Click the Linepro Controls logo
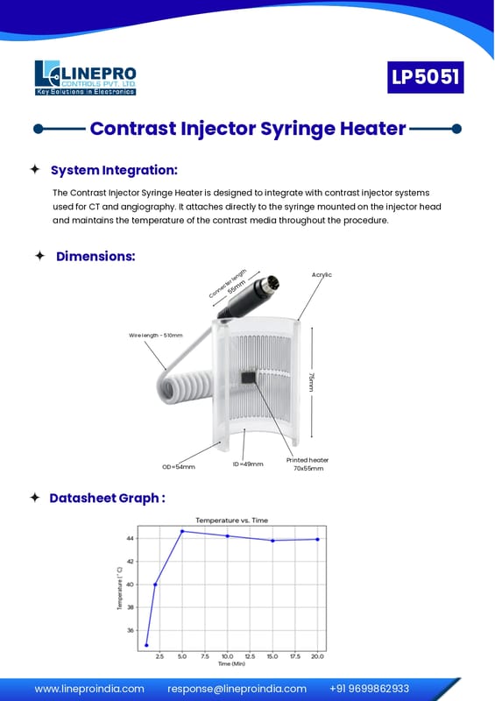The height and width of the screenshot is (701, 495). point(85,78)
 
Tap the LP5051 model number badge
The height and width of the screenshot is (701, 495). point(425,77)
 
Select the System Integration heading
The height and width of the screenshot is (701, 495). point(114,170)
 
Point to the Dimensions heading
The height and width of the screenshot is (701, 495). point(95,256)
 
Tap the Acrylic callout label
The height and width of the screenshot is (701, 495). point(322,274)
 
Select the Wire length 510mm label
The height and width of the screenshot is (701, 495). point(156,336)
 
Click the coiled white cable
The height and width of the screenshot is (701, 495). point(186,386)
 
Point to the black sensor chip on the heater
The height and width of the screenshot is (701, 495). point(249,378)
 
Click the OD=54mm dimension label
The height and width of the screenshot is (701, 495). point(179,467)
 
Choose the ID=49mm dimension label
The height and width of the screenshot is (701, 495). point(248,464)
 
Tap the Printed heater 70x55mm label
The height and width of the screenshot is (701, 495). point(308,464)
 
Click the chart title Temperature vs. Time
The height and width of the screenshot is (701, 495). point(231,520)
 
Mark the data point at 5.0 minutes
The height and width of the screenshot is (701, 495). point(182,531)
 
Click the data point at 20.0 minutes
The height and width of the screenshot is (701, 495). point(317,539)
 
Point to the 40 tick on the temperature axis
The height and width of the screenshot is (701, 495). point(131,584)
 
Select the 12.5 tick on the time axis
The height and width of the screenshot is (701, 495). point(250,656)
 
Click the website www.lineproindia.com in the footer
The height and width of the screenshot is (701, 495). point(89,689)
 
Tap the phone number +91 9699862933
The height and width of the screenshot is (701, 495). point(370,689)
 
